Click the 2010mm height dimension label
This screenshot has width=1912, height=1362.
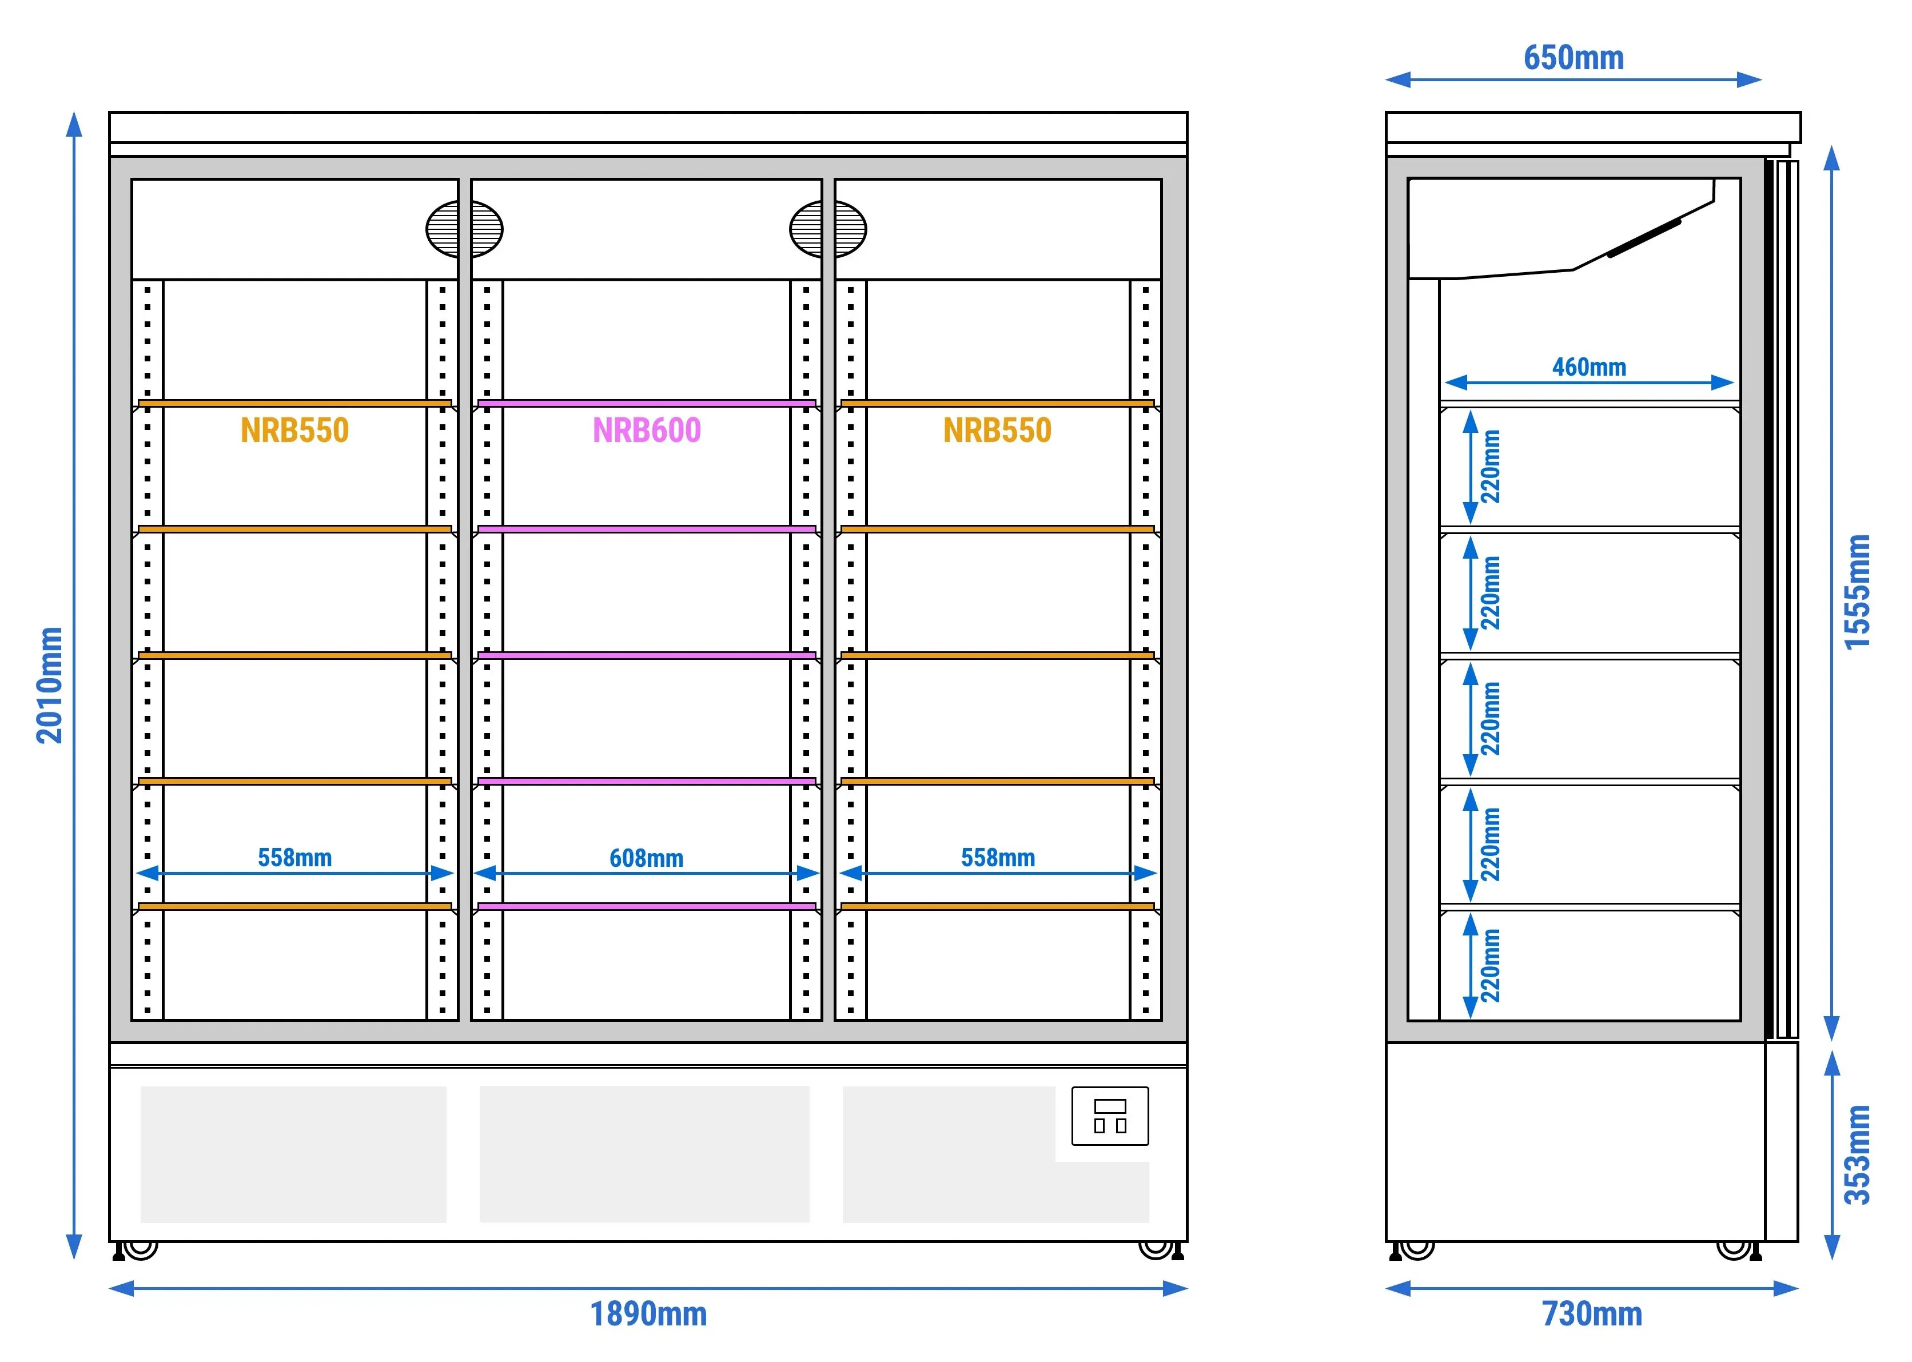pyautogui.click(x=50, y=685)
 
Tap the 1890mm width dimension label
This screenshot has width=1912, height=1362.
pyautogui.click(x=648, y=1314)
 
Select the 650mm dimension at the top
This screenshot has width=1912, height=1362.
pyautogui.click(x=1573, y=58)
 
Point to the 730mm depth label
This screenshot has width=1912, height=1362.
pyautogui.click(x=1592, y=1314)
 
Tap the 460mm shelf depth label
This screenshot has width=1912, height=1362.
pyautogui.click(x=1589, y=367)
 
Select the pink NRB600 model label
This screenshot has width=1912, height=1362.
pyautogui.click(x=647, y=430)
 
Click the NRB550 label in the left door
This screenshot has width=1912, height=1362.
pyautogui.click(x=294, y=430)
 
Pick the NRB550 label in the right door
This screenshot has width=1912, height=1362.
pyautogui.click(x=997, y=430)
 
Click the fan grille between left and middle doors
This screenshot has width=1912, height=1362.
pyautogui.click(x=465, y=229)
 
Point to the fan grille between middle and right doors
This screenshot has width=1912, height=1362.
pyautogui.click(x=828, y=229)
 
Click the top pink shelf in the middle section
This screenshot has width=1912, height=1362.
pyautogui.click(x=647, y=404)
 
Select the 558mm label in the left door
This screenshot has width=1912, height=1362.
pyautogui.click(x=294, y=858)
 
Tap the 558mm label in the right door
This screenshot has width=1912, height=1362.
pyautogui.click(x=998, y=858)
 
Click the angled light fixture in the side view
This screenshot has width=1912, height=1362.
pyautogui.click(x=1644, y=238)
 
